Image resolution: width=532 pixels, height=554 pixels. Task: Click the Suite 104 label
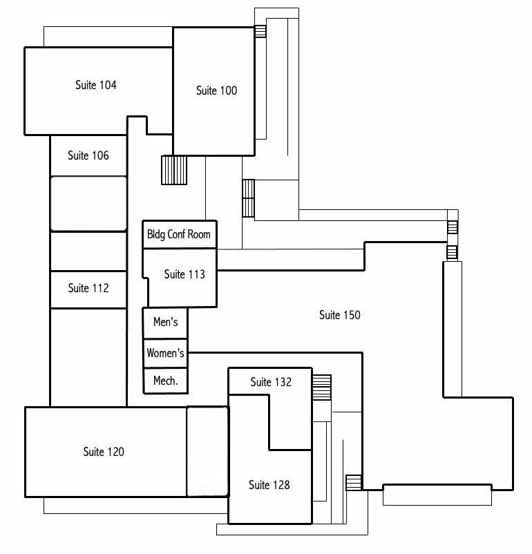point(96,85)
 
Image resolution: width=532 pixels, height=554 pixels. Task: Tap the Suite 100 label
point(217,90)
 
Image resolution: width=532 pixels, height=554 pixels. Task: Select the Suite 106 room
point(88,155)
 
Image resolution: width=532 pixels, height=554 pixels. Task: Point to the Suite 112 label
point(88,288)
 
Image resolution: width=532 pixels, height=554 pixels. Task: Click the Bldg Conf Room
point(180,235)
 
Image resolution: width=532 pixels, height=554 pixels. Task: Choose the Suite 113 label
point(184,274)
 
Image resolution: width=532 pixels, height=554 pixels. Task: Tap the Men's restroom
point(165,323)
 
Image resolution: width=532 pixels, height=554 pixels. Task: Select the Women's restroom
point(165,353)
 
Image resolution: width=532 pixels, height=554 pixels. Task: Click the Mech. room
point(165,381)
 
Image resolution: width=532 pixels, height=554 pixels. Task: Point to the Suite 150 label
point(340,315)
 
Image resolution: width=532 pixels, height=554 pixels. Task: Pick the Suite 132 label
point(271,382)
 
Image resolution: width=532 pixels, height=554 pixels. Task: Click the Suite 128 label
point(269,485)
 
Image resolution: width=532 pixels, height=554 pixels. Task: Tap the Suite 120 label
point(104,452)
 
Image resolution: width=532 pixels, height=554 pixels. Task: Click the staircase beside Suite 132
point(322,388)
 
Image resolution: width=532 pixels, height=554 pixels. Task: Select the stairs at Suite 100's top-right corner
point(260,32)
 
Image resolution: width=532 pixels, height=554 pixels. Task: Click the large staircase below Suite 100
point(174,170)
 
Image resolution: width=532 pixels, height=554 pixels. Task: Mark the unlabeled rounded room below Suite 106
point(88,204)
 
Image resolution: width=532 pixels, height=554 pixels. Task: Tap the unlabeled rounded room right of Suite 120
point(207,452)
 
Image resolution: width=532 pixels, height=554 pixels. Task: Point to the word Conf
point(176,234)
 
